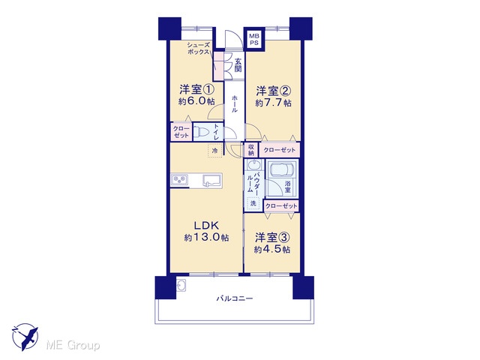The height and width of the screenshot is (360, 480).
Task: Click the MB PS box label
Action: tap(253, 39)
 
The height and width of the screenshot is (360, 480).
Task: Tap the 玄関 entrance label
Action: tap(238, 65)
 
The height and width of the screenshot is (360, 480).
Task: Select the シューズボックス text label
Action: tap(198, 48)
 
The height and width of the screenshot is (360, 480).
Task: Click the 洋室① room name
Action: tap(196, 90)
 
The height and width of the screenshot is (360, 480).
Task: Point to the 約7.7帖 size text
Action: tap(273, 103)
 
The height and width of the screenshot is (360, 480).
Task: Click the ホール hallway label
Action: tap(235, 104)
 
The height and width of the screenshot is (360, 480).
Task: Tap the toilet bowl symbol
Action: tap(201, 132)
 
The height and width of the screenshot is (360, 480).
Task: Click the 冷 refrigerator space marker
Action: tap(215, 150)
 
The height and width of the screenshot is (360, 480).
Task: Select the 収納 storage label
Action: tap(251, 150)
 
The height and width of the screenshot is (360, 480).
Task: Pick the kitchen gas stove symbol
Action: tap(178, 179)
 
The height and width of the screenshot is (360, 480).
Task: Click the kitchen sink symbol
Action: tap(211, 180)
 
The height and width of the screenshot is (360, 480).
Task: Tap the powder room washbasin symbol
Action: tap(253, 165)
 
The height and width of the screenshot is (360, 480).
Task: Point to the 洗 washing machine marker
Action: tap(253, 202)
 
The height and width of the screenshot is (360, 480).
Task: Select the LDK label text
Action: tap(206, 226)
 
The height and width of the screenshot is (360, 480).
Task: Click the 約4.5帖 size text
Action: tap(271, 249)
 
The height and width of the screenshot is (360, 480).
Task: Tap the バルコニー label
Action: tap(235, 298)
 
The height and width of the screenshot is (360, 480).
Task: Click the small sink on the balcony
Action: tap(181, 286)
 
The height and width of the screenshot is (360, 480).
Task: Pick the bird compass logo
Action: tap(25, 337)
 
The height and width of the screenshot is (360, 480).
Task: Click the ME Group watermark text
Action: tap(73, 345)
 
